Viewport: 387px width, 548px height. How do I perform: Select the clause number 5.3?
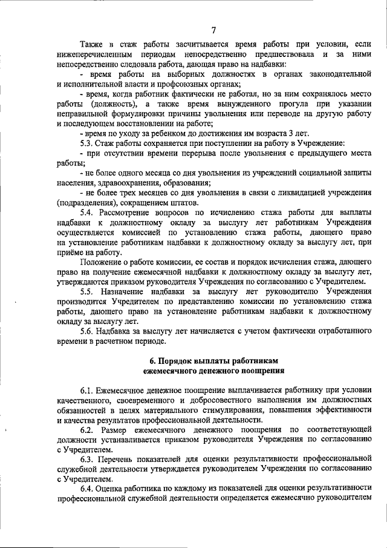(x=88, y=143)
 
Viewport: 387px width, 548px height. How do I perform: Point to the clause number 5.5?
(x=88, y=292)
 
